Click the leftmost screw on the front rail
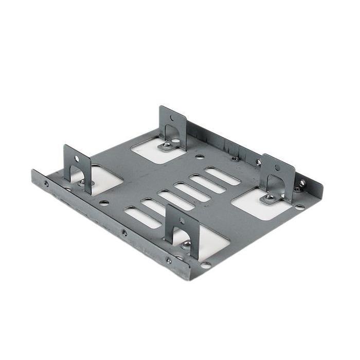46,183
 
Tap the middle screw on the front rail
124,232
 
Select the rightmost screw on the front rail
169,260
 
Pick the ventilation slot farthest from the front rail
222,176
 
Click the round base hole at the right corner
300,208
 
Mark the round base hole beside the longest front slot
104,203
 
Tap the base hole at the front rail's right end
206,265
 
